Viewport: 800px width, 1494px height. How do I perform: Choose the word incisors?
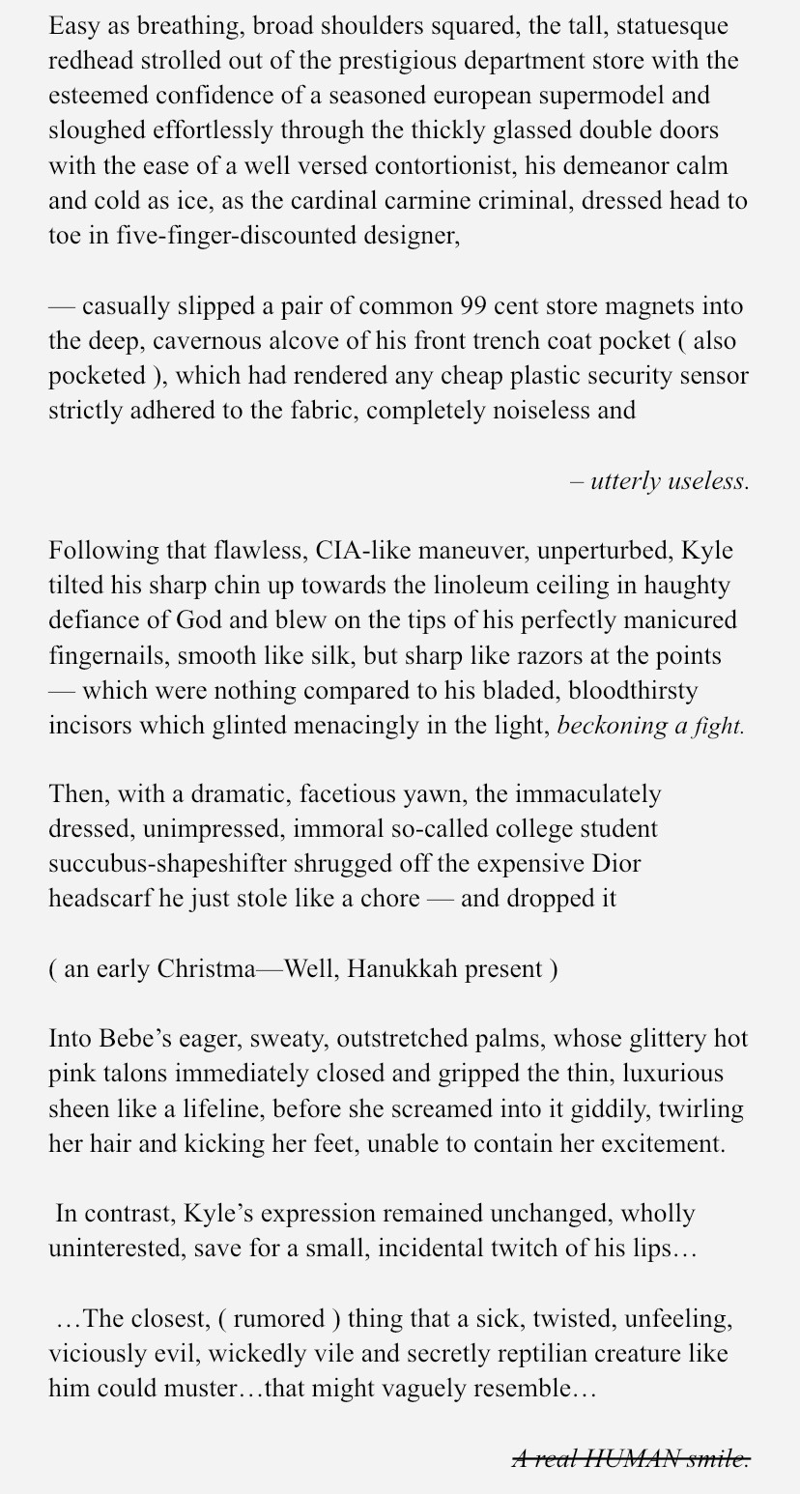point(90,725)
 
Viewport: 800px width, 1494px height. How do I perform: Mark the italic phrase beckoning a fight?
point(650,725)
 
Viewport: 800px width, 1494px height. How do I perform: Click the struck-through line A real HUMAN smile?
point(630,1458)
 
